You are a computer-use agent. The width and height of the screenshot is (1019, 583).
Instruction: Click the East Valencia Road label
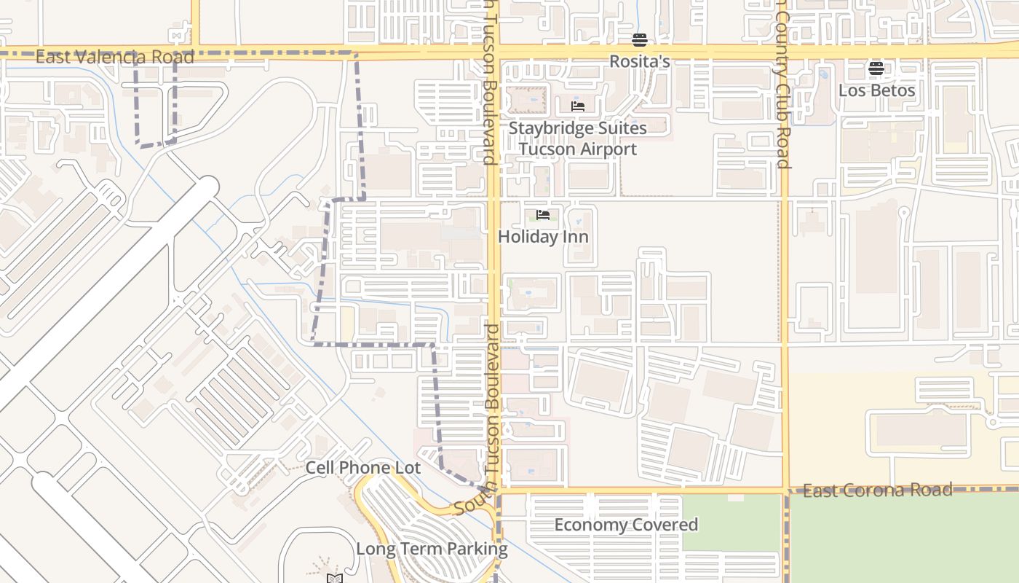click(115, 57)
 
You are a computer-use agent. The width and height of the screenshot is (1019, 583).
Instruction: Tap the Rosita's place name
click(639, 62)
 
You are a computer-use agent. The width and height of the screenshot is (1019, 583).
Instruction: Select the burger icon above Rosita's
click(639, 40)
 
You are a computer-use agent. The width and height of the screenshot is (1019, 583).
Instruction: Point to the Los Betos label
click(876, 90)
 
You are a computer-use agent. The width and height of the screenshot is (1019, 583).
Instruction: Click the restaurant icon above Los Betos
click(876, 69)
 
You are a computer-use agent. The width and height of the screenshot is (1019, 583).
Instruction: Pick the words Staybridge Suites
click(577, 128)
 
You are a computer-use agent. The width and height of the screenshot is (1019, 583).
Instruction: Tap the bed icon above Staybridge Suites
click(578, 106)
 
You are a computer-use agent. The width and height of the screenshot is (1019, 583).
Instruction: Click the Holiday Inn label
click(543, 237)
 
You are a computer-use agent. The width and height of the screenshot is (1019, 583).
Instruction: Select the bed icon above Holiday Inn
click(543, 215)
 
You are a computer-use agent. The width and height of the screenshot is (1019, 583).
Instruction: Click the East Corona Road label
click(877, 490)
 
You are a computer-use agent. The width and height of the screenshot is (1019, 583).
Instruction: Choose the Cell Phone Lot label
click(362, 468)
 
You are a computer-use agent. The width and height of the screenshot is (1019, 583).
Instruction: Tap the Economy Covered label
click(626, 525)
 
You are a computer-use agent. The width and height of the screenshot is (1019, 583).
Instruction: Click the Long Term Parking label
click(432, 549)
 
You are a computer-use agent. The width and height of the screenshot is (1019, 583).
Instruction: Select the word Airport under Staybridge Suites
click(603, 149)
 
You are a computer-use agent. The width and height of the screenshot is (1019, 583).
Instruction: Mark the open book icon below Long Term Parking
click(334, 579)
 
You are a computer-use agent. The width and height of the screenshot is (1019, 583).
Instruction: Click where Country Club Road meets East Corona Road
click(785, 490)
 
